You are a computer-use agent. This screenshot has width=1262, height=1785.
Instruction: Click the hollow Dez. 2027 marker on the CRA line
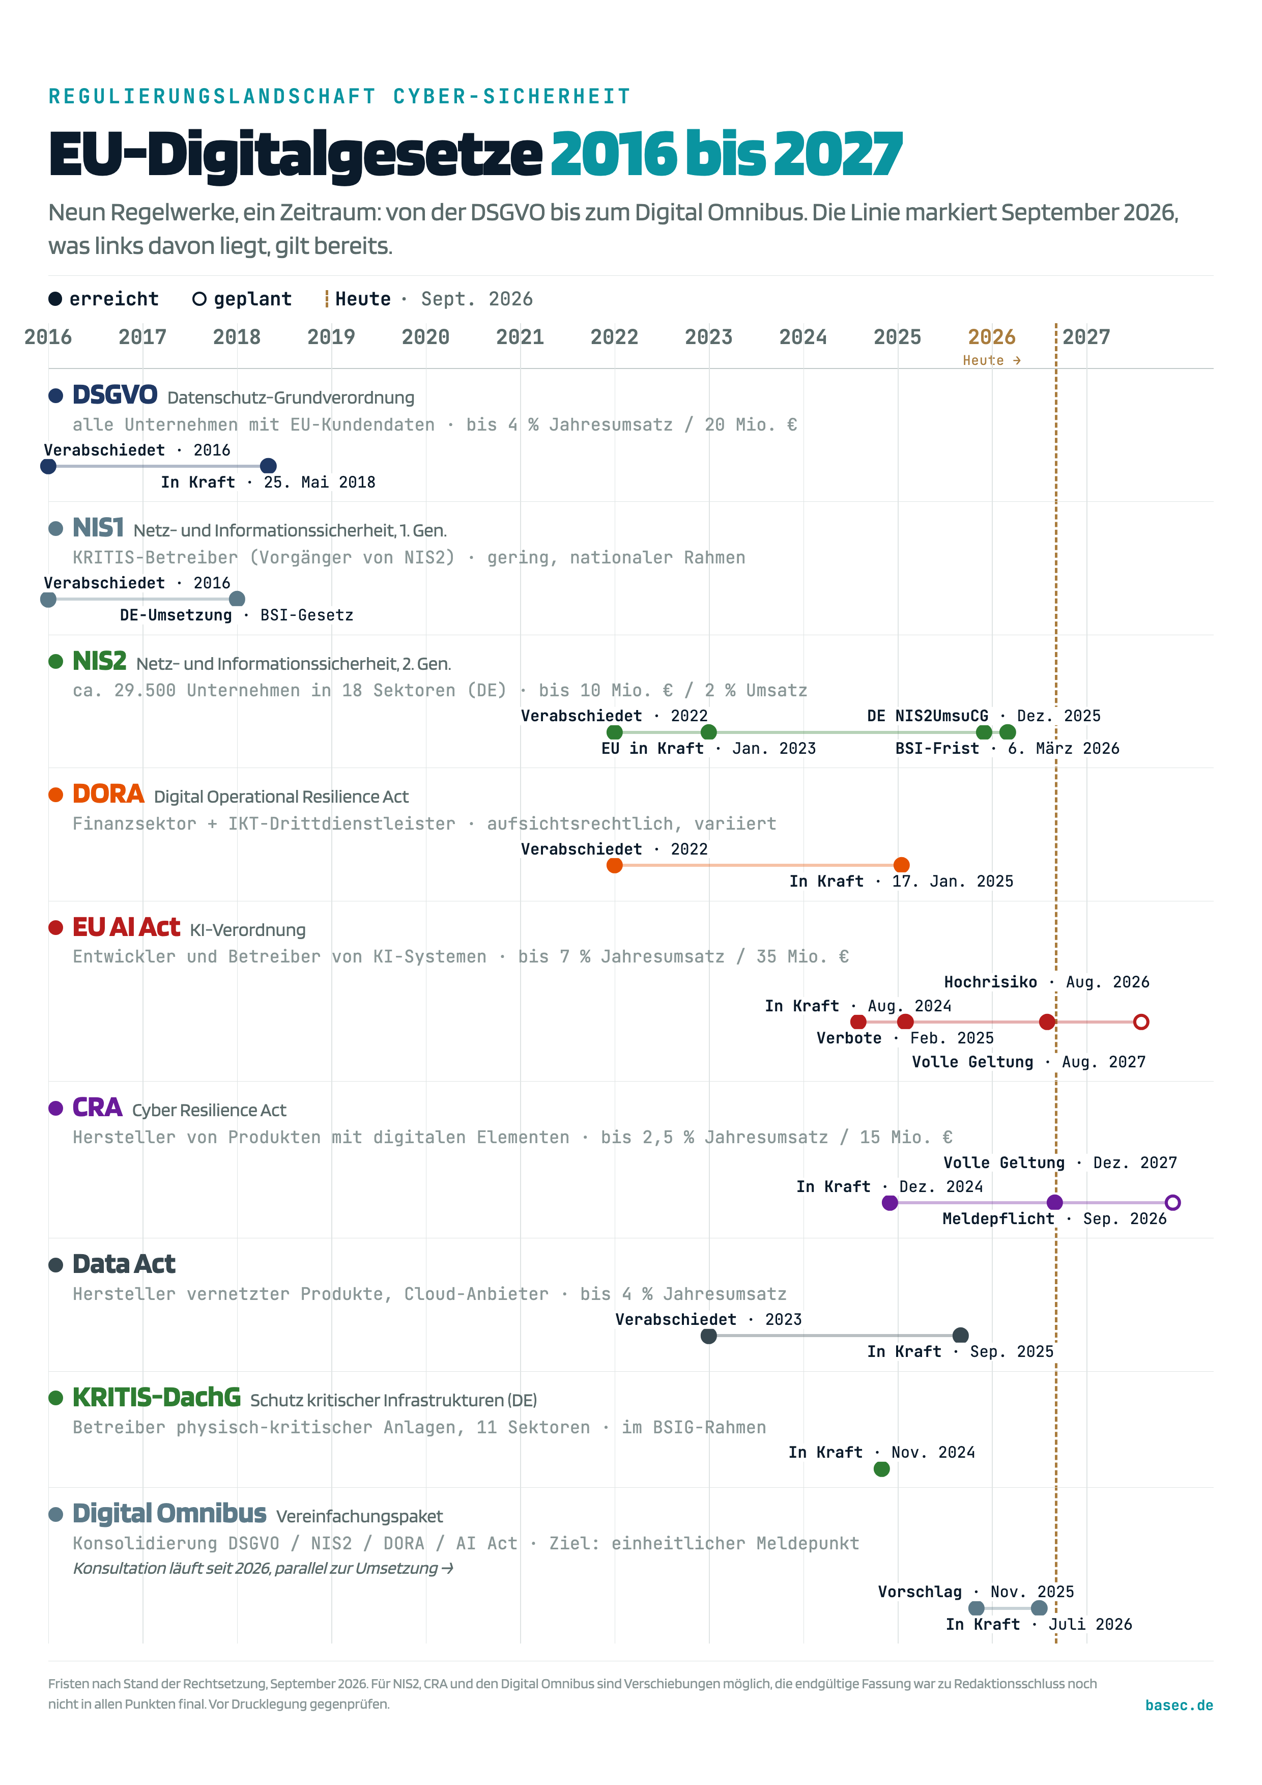(x=1172, y=1203)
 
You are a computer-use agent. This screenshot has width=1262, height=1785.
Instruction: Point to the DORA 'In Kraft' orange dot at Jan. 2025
(x=901, y=865)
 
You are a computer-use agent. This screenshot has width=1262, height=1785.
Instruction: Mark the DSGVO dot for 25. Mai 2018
(x=268, y=466)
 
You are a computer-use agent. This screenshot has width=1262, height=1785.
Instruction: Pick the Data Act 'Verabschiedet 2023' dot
(x=709, y=1336)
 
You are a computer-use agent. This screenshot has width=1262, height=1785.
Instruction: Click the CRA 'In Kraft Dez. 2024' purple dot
(x=890, y=1203)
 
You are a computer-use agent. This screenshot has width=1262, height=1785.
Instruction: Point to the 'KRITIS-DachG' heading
(x=156, y=1397)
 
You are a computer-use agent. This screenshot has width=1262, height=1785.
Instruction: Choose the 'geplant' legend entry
(x=242, y=299)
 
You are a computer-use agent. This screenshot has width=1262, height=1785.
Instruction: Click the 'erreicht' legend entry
(x=103, y=299)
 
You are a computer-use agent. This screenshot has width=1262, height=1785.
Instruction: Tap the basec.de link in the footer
(x=1179, y=1705)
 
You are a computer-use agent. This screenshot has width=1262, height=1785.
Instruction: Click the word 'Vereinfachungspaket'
(x=359, y=1516)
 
